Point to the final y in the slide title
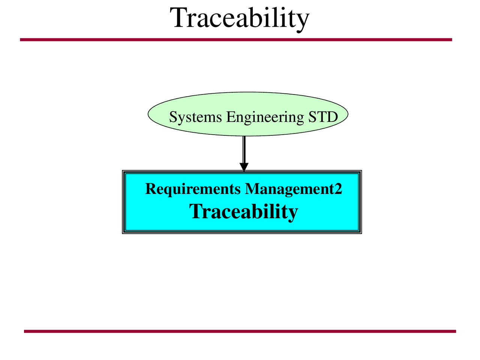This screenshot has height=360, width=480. (303, 21)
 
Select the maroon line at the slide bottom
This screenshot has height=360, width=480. (240, 331)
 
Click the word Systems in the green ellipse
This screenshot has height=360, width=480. (195, 117)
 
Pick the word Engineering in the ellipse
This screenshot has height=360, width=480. (265, 117)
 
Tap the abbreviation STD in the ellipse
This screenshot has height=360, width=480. (323, 117)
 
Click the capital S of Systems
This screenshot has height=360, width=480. (173, 117)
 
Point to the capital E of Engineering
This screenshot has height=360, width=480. (230, 117)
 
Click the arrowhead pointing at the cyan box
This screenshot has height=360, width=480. (244, 167)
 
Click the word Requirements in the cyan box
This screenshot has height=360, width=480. (193, 189)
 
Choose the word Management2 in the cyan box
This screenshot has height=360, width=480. (293, 189)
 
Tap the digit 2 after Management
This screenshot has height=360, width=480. (338, 189)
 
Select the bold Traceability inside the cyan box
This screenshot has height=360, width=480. (243, 211)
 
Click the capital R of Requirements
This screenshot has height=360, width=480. (150, 189)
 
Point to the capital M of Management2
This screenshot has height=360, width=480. (251, 189)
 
